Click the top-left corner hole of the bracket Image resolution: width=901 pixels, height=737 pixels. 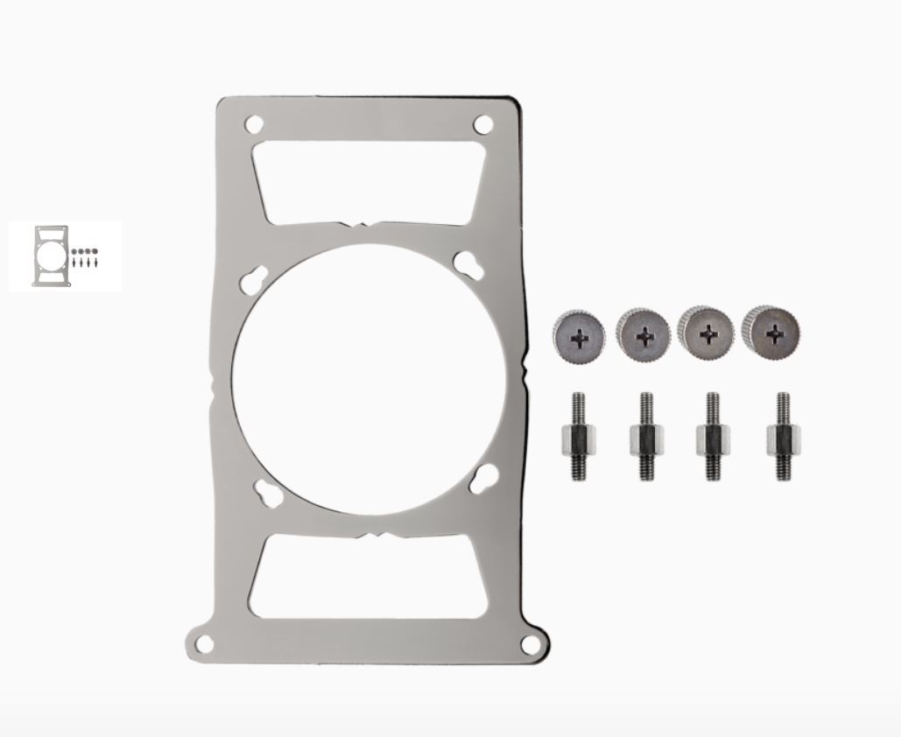tap(254, 124)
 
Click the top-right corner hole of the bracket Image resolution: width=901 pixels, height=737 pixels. tap(482, 124)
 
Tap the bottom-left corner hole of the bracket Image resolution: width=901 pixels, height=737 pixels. tap(204, 644)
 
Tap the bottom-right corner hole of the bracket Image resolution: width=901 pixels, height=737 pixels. tap(530, 644)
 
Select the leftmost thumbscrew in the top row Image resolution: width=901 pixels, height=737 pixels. tap(579, 335)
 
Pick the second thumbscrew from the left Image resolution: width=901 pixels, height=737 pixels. tap(643, 333)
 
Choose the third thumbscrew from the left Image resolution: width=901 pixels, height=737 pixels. tap(706, 332)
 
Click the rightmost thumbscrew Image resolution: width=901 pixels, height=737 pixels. tap(771, 331)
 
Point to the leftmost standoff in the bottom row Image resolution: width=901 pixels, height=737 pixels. tap(578, 437)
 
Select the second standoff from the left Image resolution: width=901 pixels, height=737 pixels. tap(645, 437)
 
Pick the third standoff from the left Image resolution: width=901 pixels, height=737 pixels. tap(713, 437)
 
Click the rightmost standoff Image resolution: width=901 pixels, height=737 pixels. tap(781, 437)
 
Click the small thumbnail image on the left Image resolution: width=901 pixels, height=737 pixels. tap(66, 256)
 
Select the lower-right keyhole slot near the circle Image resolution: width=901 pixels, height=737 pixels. tap(483, 479)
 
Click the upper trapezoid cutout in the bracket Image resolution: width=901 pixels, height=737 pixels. tap(368, 181)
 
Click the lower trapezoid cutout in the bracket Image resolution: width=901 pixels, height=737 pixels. tap(368, 578)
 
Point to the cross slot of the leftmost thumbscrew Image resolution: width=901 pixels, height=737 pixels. tap(579, 337)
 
